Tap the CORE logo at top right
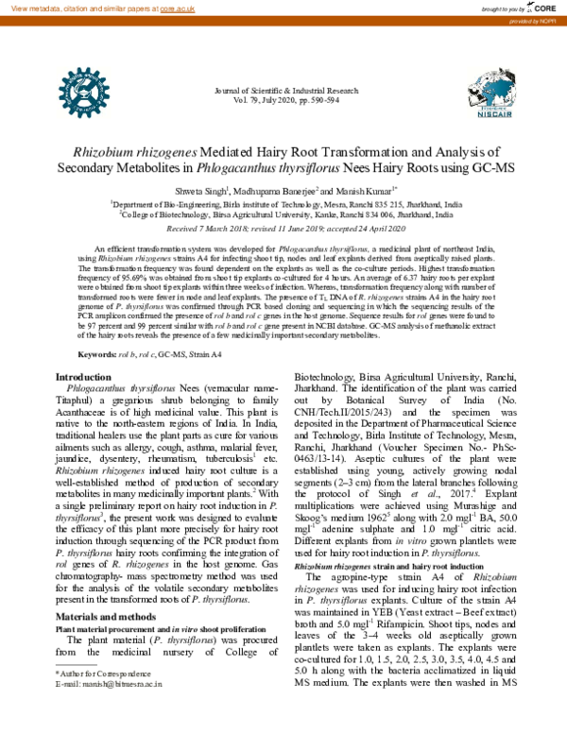coord(541,7)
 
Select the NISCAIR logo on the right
coord(489,96)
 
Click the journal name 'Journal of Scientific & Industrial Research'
coord(283,91)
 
